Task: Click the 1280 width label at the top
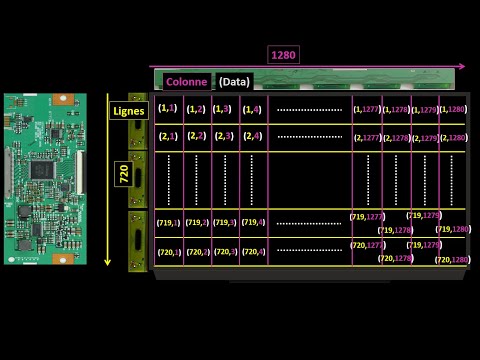(285, 55)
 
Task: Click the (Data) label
(235, 81)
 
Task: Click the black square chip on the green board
(42, 169)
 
